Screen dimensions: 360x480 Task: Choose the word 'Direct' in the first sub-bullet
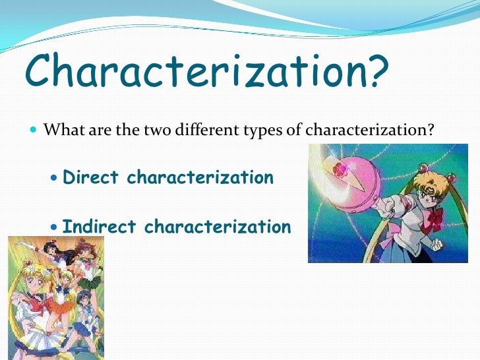click(91, 177)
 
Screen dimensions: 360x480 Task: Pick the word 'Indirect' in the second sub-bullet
click(100, 227)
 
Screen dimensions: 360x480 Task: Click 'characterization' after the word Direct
click(200, 177)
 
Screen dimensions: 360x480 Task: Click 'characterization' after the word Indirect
click(217, 227)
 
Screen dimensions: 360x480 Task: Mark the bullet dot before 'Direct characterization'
click(54, 178)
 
